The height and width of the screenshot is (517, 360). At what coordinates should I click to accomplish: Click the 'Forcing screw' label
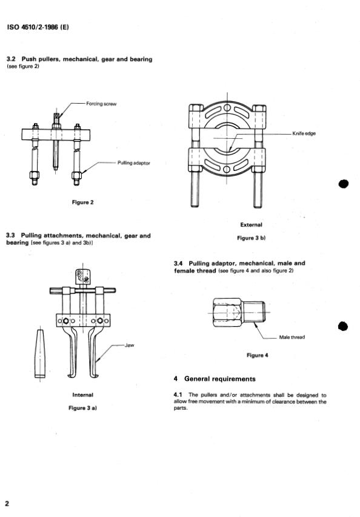101,104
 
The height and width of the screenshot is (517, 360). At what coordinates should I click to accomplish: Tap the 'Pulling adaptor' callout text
133,163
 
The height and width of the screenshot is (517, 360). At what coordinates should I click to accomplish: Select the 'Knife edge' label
304,133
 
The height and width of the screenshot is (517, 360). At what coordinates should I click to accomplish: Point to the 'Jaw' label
130,345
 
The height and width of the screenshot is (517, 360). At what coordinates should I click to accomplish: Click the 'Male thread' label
292,338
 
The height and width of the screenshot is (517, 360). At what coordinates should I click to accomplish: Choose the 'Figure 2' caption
83,202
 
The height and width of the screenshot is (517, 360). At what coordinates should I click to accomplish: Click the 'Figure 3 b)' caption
251,238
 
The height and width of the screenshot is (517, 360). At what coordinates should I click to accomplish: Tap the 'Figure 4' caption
257,355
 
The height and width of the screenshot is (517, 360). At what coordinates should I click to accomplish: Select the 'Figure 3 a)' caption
83,408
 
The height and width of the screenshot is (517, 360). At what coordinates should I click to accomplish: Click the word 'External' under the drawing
251,225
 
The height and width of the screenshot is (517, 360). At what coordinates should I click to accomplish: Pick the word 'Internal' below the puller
83,395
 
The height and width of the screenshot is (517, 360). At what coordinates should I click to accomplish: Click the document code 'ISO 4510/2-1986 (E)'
38,27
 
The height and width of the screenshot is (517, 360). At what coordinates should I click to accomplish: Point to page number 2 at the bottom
7,503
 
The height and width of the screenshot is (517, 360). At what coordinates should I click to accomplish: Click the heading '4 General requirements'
215,379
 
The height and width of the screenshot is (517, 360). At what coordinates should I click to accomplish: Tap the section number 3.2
11,59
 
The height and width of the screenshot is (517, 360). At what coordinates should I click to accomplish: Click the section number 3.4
178,264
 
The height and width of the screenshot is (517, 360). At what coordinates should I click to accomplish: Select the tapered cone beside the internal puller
40,353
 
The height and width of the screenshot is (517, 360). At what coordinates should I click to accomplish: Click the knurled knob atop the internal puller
82,276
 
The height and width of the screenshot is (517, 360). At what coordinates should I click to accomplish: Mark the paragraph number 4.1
178,395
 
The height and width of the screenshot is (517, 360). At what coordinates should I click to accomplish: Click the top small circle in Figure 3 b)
227,108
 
